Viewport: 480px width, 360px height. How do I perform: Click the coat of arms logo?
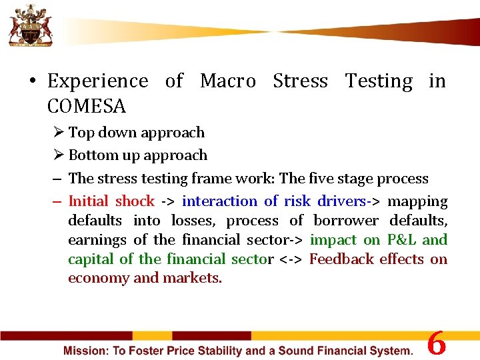point(28,25)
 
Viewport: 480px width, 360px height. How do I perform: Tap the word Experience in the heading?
point(98,81)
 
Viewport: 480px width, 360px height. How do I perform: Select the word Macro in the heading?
point(227,81)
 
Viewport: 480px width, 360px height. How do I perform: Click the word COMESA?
point(87,106)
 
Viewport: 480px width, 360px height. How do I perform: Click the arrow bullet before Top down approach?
point(58,133)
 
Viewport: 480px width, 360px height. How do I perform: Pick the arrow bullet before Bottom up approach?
point(58,155)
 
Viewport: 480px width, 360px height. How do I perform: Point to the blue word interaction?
point(219,201)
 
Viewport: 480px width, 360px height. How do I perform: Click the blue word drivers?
point(341,201)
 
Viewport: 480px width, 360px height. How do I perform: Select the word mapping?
point(417,201)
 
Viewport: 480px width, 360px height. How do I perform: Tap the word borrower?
point(347,221)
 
